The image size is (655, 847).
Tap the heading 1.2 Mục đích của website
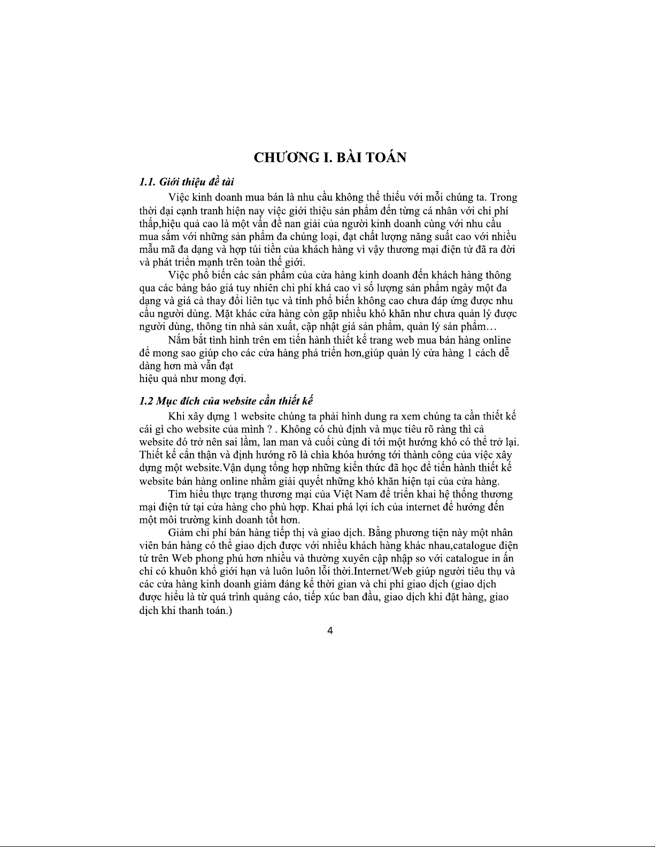coord(226,401)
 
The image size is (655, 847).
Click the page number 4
coord(329,631)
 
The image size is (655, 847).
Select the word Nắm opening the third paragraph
coord(179,340)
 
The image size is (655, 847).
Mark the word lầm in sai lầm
coord(244,442)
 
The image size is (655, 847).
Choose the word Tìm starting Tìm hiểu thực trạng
coord(177,493)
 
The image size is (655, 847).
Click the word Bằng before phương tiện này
coord(381,533)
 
